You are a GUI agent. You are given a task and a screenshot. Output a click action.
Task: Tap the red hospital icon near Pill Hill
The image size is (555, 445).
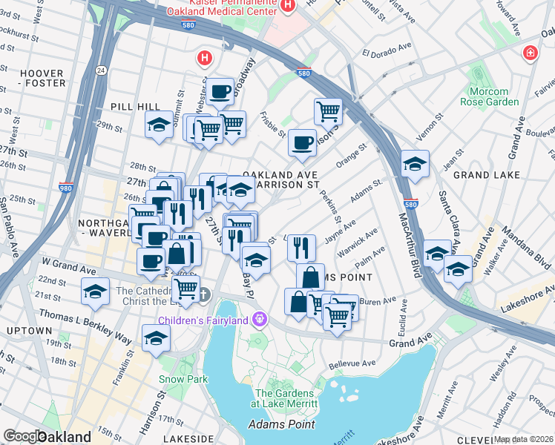pos(204,57)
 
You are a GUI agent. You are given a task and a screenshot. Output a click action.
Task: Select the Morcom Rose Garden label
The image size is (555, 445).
pos(488,96)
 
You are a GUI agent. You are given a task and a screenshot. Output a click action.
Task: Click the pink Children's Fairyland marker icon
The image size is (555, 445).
pos(259,320)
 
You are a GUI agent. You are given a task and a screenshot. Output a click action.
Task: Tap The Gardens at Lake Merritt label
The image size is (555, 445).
pos(286,398)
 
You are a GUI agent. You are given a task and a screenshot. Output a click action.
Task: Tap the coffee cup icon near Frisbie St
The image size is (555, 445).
pos(302,142)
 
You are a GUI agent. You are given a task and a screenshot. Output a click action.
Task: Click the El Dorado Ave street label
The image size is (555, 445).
pos(387,53)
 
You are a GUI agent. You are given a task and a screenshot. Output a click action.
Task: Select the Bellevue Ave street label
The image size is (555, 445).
pos(353,364)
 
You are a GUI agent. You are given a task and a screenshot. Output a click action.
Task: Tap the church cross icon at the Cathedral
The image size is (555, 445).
pos(204,294)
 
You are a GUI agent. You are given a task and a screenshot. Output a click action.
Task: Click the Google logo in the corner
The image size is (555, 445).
pos(24,436)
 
